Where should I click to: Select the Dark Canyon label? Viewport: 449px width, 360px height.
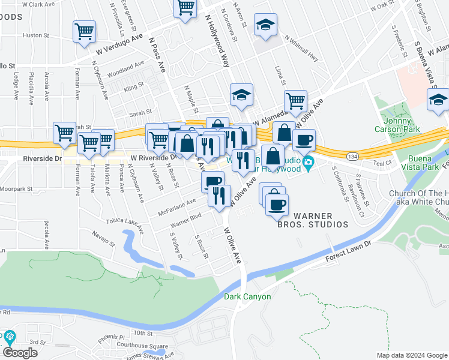(x=247, y=296)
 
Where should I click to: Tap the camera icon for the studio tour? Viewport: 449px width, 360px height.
(x=308, y=162)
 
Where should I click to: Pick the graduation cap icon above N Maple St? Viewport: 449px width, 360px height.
(x=241, y=95)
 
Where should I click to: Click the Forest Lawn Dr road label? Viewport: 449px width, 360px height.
(x=349, y=251)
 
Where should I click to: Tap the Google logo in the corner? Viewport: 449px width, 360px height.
(x=20, y=353)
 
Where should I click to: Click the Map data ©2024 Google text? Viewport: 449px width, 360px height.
(x=411, y=355)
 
